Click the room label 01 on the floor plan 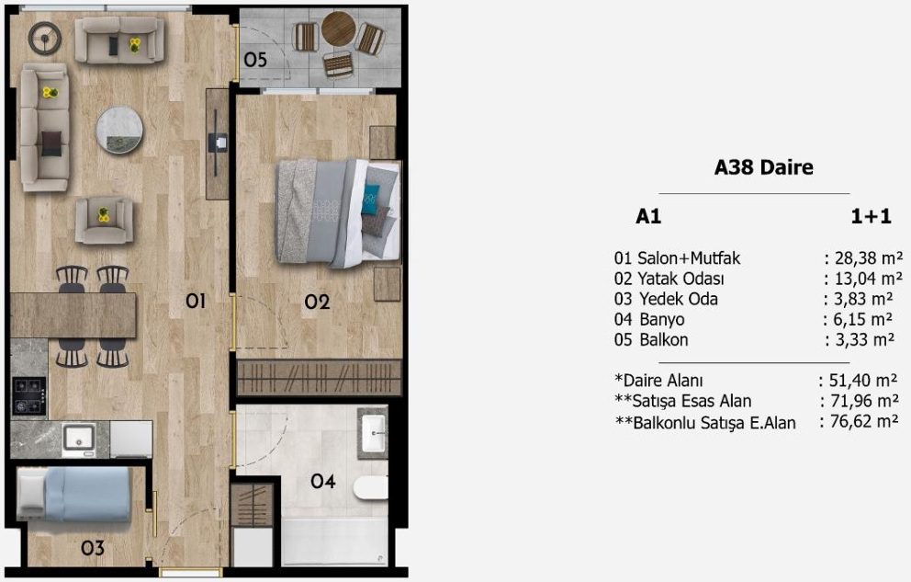(x=196, y=302)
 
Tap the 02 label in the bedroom (x=317, y=302)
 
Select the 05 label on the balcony (x=255, y=60)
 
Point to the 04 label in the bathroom (x=323, y=481)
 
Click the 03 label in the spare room (x=93, y=548)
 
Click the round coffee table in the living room (x=119, y=130)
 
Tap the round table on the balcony (x=338, y=29)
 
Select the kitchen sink (x=79, y=438)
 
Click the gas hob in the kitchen (x=29, y=396)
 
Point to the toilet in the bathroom (x=371, y=488)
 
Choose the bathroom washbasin (x=373, y=434)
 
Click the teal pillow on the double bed (x=369, y=199)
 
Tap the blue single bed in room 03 (x=73, y=495)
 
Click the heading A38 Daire (x=763, y=167)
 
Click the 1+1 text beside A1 (x=871, y=216)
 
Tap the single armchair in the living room (x=104, y=221)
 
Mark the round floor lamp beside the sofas (x=45, y=39)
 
